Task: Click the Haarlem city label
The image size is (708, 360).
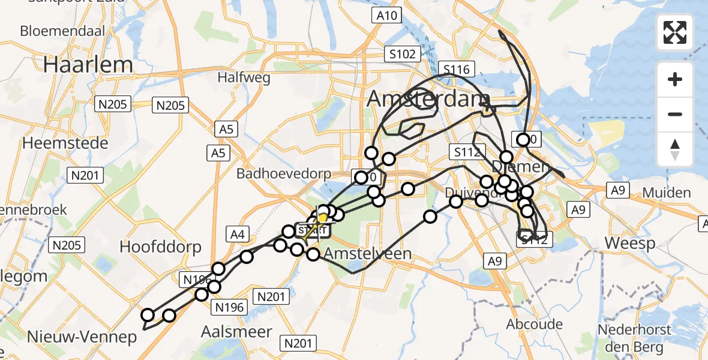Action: coord(80,65)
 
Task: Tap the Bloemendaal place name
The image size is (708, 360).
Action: coord(62,31)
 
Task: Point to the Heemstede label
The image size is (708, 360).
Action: coord(65,143)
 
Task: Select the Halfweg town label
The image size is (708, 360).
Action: coord(244,77)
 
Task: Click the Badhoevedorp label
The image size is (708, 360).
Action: coord(284,174)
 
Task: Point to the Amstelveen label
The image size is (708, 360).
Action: coord(368,254)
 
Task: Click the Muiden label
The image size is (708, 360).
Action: coord(666,193)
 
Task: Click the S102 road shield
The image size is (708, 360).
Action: coord(401,55)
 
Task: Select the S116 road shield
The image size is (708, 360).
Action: coord(456,70)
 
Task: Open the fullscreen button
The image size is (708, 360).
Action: coord(675,32)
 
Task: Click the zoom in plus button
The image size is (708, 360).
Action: coord(675,79)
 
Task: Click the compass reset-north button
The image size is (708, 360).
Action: coord(675,149)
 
